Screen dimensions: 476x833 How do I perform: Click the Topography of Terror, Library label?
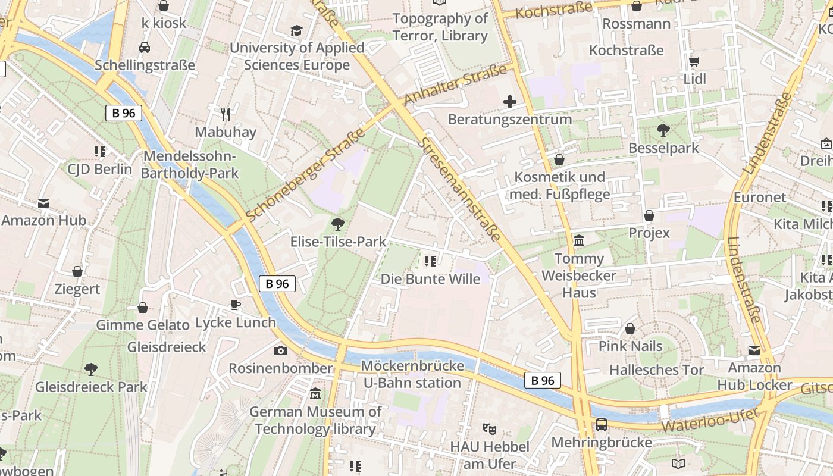440,27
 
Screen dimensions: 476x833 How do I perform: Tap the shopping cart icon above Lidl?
694,61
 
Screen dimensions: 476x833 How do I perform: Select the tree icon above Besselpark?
663,130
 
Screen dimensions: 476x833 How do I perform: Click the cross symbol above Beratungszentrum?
510,102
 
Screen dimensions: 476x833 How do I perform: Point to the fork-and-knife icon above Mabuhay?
225,114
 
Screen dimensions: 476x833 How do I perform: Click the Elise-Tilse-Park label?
338,242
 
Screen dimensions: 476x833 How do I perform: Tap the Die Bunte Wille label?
430,278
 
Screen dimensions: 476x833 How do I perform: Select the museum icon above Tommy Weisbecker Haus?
579,241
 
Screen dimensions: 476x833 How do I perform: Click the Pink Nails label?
630,346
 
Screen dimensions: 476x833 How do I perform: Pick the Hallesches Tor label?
656,369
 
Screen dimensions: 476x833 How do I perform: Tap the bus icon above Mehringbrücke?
602,425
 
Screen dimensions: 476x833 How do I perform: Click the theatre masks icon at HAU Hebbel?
490,428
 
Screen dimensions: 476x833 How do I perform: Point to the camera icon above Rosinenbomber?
281,350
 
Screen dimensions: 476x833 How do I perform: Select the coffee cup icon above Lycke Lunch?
236,305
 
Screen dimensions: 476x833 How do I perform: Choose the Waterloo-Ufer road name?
709,420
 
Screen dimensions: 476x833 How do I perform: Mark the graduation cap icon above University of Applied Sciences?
296,31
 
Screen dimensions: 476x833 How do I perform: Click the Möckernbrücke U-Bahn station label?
412,374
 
